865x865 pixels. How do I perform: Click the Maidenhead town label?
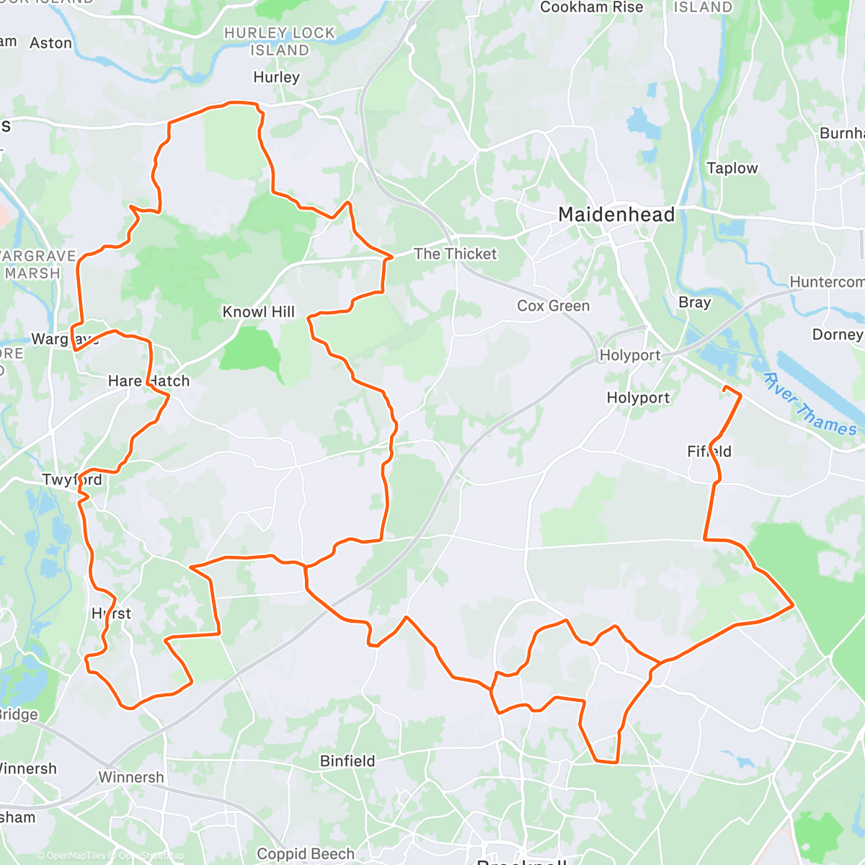[x=616, y=215]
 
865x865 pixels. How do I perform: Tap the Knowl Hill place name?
[x=258, y=312]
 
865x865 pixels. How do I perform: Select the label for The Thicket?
[x=455, y=254]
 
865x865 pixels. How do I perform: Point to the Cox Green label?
[x=553, y=306]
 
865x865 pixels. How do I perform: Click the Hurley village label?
[x=276, y=77]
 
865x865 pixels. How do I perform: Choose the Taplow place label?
[x=732, y=168]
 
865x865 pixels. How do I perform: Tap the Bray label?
[x=694, y=303]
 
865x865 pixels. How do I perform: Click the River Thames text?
[x=809, y=404]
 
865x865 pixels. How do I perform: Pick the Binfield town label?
[x=347, y=761]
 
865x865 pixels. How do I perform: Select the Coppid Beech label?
[x=306, y=854]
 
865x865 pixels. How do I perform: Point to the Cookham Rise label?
[x=591, y=7]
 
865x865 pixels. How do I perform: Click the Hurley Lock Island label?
[x=280, y=42]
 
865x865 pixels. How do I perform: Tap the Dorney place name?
[x=837, y=334]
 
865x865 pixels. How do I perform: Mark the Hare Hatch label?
[x=148, y=381]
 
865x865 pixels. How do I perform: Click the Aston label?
[x=50, y=43]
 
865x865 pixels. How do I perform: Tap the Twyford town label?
[x=72, y=480]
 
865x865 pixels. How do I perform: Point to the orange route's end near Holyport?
[x=724, y=389]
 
